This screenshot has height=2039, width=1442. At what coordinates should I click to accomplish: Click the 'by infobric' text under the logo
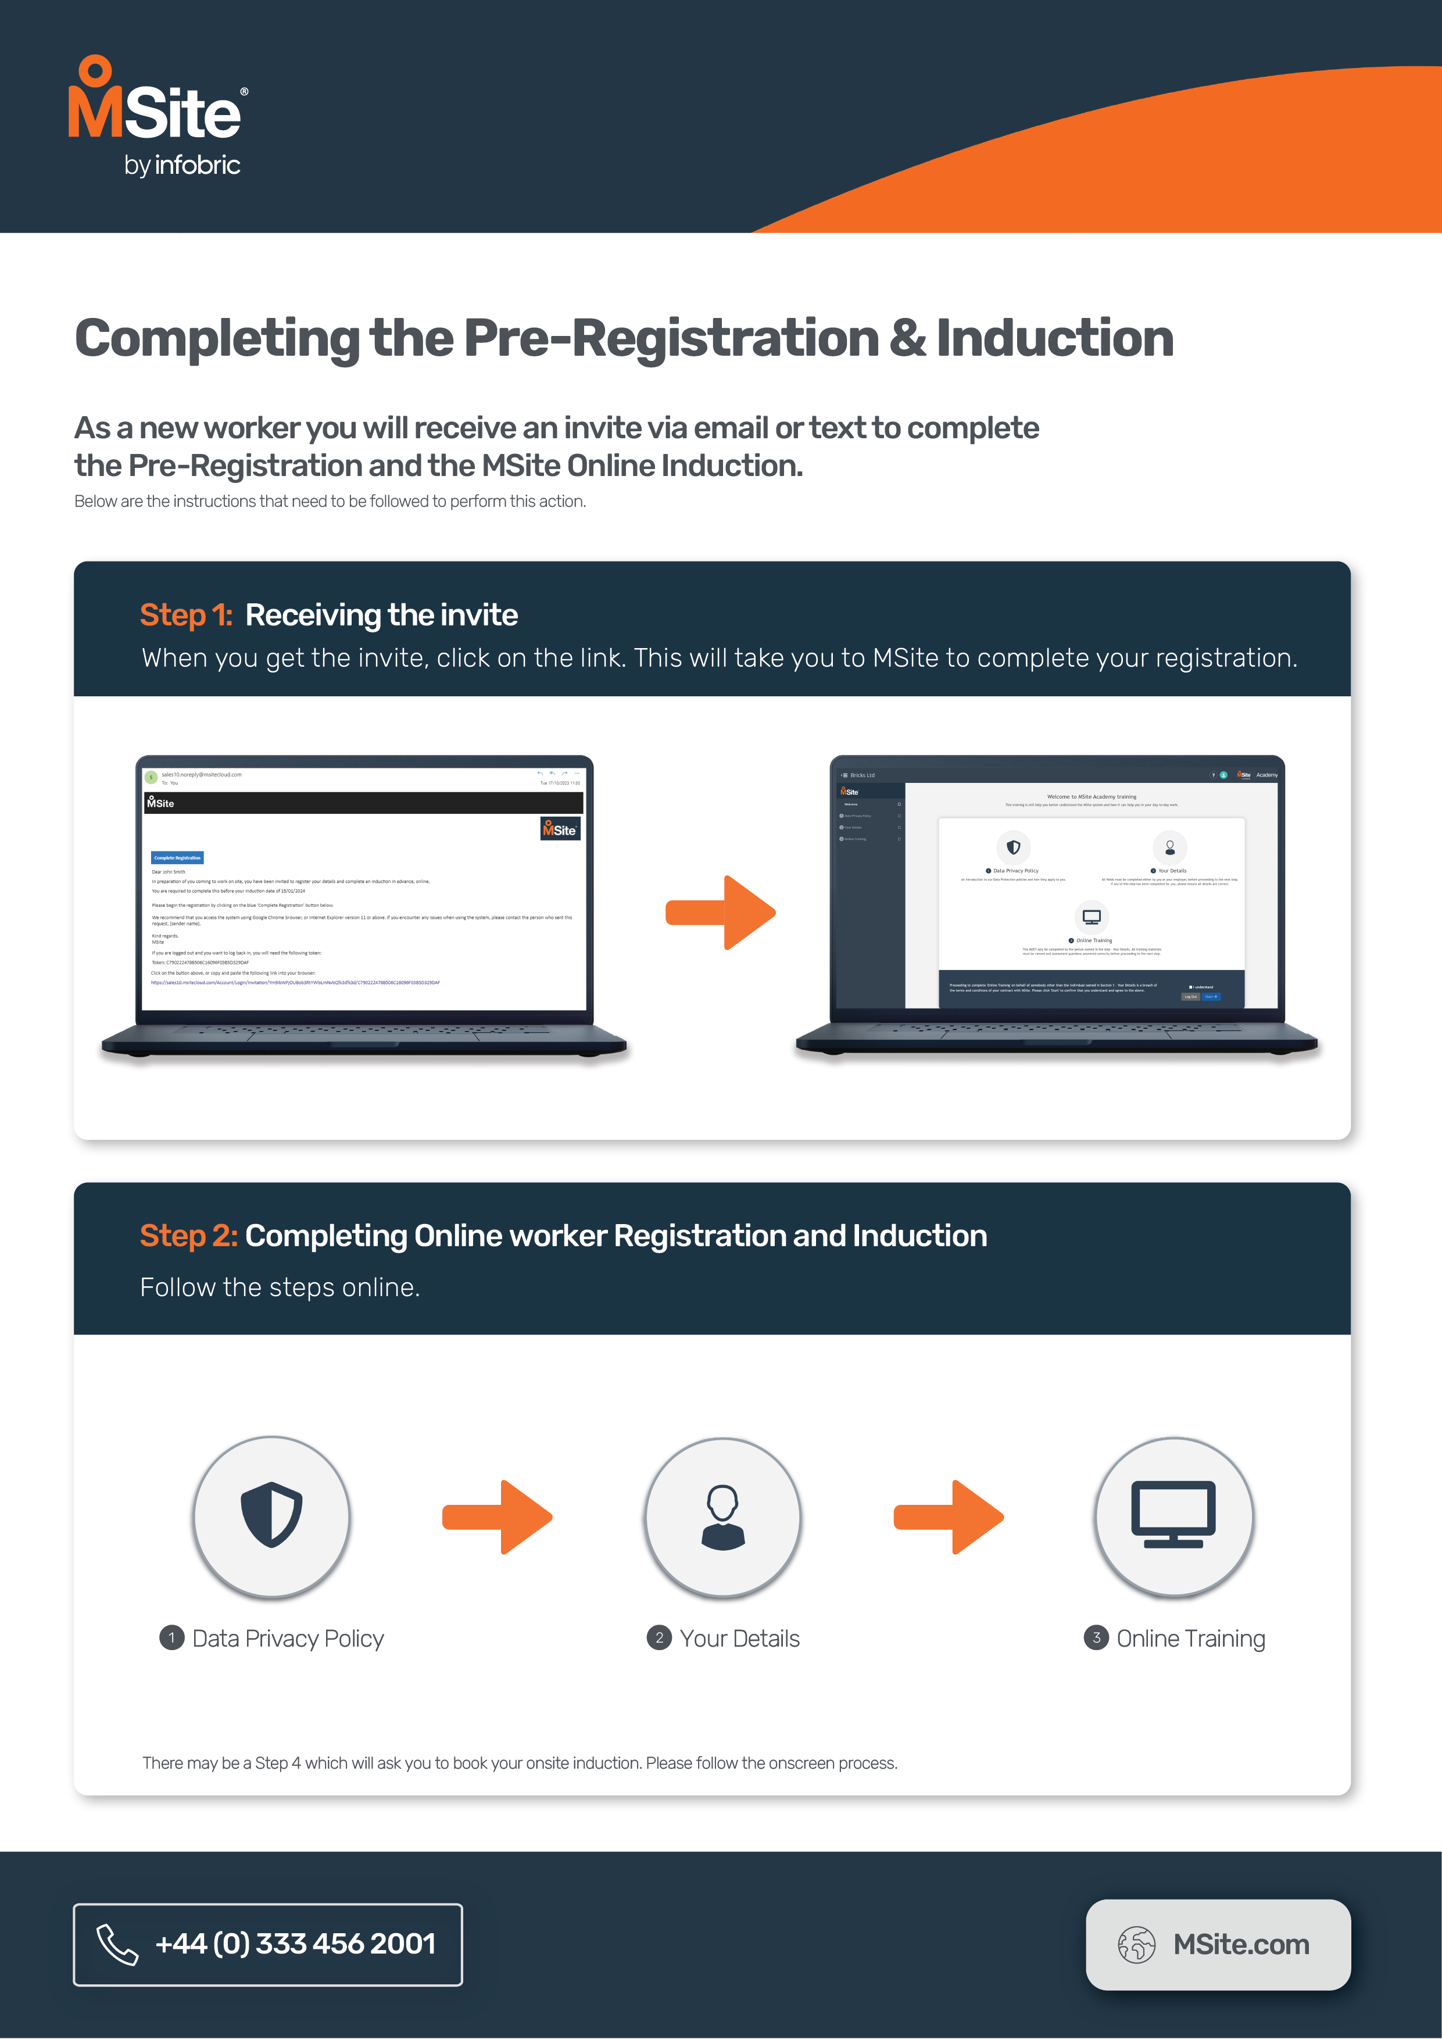[182, 165]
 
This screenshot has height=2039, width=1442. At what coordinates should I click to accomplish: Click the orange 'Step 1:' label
[185, 614]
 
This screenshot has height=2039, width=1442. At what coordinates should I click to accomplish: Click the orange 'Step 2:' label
[188, 1235]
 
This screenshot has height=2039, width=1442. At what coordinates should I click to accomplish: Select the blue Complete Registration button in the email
[178, 858]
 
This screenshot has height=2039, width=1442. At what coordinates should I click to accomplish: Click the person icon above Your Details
[723, 1517]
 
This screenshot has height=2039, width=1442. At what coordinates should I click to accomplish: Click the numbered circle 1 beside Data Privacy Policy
[171, 1637]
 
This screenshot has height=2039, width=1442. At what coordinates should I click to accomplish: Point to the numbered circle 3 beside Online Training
[1096, 1637]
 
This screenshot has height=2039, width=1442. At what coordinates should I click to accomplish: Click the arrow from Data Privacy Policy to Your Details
[498, 1517]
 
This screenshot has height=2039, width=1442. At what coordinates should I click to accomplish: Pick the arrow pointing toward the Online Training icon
[949, 1517]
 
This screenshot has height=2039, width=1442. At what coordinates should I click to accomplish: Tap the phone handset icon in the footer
[117, 1944]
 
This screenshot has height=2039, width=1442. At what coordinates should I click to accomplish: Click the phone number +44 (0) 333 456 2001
[295, 1944]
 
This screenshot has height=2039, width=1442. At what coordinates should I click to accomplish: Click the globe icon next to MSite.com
[1136, 1945]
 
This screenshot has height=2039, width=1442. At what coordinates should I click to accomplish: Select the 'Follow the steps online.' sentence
[280, 1287]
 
